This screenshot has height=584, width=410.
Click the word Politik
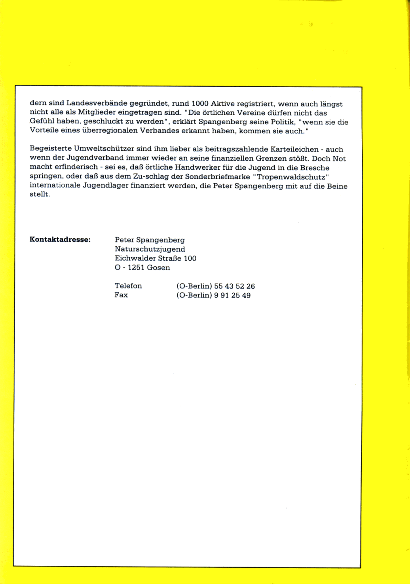point(283,122)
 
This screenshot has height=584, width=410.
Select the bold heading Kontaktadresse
point(60,240)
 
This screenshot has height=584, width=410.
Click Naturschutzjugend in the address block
point(150,249)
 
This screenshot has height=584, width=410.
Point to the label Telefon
point(128,286)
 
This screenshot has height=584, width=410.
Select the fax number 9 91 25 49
point(232,296)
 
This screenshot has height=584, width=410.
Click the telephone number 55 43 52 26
point(234,286)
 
